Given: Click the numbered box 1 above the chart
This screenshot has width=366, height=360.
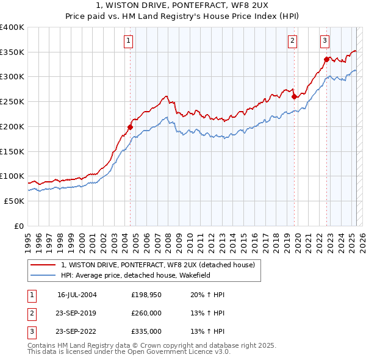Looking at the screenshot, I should (129, 41).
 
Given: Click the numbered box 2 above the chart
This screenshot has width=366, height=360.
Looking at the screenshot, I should (293, 41).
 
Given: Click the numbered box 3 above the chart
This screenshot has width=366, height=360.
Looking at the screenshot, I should (325, 41).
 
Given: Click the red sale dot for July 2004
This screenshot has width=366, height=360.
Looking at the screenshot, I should (130, 127).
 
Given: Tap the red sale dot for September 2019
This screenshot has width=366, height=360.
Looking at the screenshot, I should (294, 96).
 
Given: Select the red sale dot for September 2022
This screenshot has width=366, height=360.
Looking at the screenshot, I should (326, 59).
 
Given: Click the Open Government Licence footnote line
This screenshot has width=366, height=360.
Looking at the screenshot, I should (128, 352).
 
